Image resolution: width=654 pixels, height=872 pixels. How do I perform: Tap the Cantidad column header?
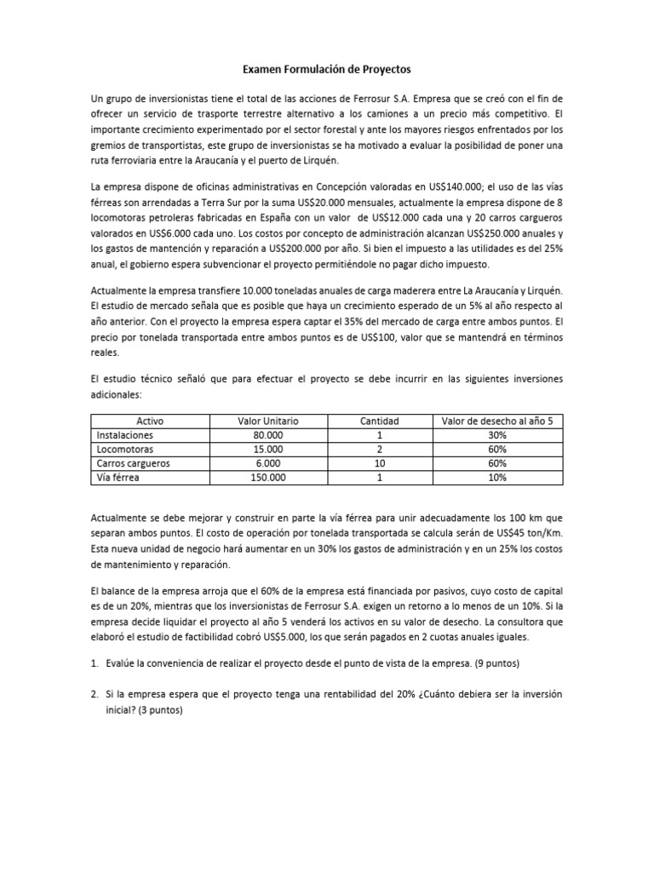[x=379, y=421]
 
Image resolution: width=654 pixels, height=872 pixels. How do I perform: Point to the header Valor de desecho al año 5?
[x=498, y=421]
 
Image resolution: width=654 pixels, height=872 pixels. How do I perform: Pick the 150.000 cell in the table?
[x=268, y=478]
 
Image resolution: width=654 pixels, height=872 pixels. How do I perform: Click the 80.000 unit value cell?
[x=268, y=435]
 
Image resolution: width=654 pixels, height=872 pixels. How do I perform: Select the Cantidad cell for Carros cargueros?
[x=379, y=463]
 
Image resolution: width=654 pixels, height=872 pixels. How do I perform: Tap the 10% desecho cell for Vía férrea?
[x=498, y=478]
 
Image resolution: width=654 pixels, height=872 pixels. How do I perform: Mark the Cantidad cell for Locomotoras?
[x=379, y=450]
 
